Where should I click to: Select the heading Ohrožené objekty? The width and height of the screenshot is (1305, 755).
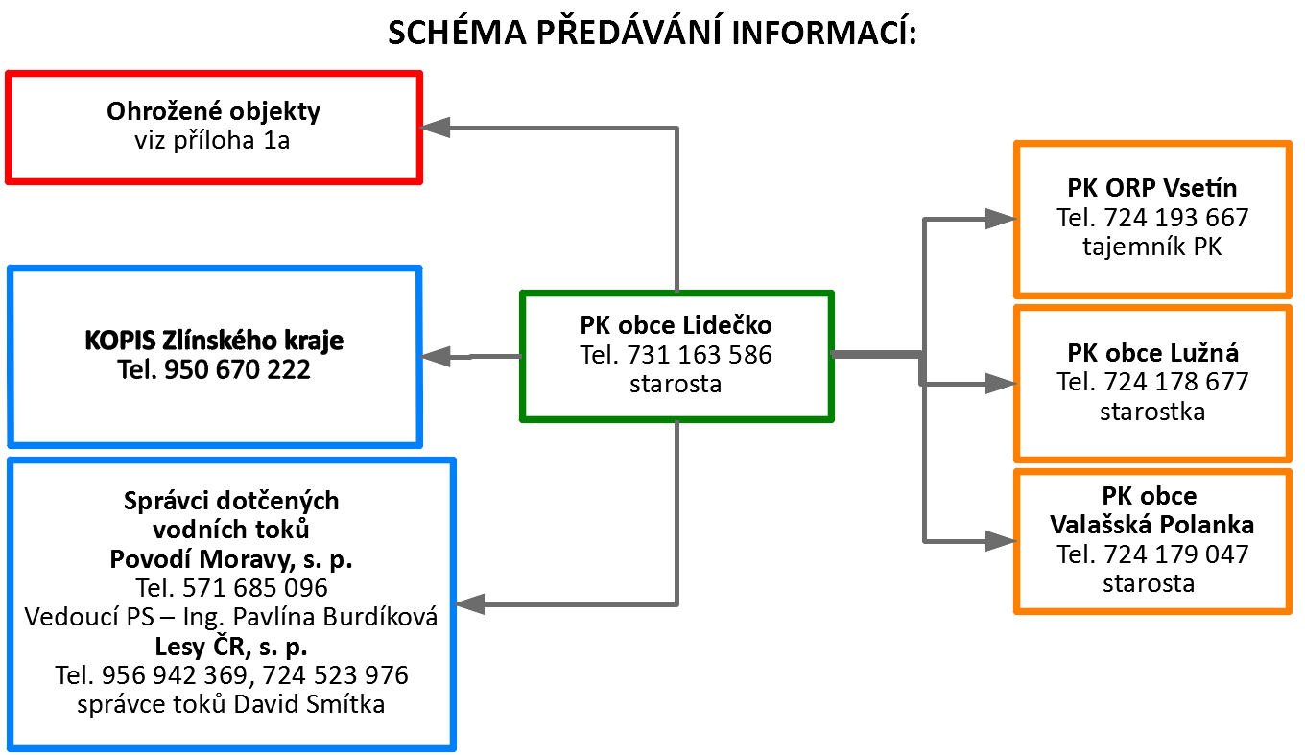coord(213,111)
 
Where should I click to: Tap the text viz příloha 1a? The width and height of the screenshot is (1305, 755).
coord(212,140)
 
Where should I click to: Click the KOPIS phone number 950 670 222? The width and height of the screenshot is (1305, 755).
coord(237,369)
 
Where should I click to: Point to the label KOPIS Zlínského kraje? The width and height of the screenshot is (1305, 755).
coord(214,341)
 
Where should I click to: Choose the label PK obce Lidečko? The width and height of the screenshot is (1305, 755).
coord(676,325)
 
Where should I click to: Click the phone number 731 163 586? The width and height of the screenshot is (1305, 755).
coord(700,355)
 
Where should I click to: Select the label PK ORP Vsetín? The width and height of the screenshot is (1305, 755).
coord(1151,188)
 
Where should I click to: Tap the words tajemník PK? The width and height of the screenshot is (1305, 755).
coord(1151,247)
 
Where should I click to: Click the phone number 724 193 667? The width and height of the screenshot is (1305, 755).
coord(1176,218)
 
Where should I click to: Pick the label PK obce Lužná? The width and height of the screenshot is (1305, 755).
coord(1152,352)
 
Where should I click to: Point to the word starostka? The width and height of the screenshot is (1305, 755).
coord(1152,412)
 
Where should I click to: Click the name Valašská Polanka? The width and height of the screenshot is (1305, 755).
coord(1151,525)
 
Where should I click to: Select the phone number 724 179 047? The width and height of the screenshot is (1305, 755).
coord(1176,554)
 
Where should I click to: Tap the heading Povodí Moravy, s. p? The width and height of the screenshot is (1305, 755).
coord(231,559)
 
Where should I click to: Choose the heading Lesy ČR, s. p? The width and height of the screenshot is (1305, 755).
coord(231,647)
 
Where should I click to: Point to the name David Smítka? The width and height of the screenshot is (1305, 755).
coord(309,704)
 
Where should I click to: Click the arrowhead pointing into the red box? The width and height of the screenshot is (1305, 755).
coord(435,127)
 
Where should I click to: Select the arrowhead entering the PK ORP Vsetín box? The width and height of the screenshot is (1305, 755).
coord(1001,219)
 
